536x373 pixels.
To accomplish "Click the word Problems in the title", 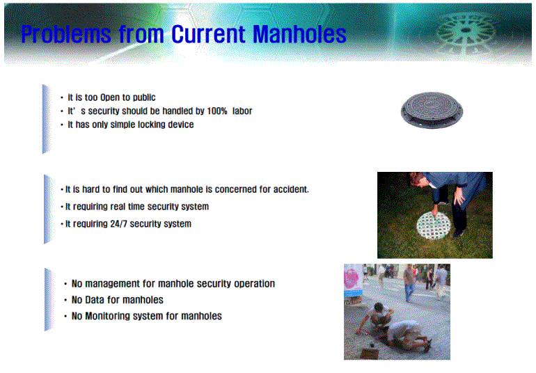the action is coord(66,35).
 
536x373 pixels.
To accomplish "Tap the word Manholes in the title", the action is coord(300,34).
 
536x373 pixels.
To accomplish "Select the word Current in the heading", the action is coord(209,34).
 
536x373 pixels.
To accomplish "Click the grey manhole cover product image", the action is coord(432,110).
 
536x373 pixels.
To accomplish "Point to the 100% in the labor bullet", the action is coord(217,111).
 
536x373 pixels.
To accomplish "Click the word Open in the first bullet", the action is coord(110,98).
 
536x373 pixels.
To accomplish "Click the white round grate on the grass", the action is coord(433,225).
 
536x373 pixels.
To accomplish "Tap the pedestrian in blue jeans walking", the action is coord(409,283).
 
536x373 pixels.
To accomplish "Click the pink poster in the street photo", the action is coord(352,280).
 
